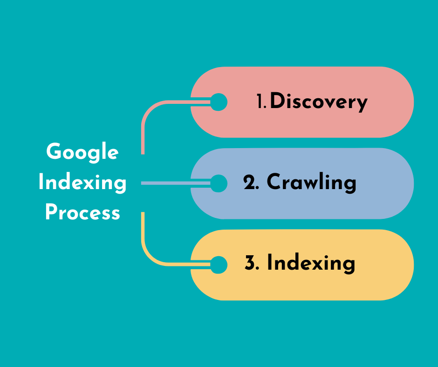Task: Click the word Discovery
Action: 319,102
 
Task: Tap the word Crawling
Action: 311,183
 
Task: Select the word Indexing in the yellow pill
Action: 311,264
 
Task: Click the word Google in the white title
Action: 82,153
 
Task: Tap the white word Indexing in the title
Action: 82,183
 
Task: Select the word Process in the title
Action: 82,212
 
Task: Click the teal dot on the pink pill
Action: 219,102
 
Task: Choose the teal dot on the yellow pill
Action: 219,265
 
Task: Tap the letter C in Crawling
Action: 274,183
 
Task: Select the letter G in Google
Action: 54,152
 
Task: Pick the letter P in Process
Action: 51,212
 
